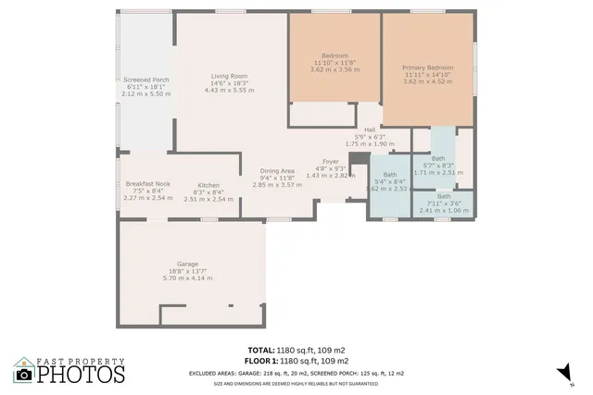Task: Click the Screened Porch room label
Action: (146, 80)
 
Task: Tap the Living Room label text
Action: (228, 76)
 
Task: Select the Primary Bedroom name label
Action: (427, 68)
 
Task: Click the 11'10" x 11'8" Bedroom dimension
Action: (334, 62)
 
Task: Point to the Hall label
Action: (370, 130)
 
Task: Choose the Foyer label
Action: (330, 161)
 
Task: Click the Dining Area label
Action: (277, 170)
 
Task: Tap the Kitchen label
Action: (208, 185)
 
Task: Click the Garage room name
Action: (188, 265)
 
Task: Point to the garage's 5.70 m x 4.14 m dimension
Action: (188, 278)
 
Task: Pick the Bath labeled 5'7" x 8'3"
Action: (438, 158)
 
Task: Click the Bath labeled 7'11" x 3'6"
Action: (445, 196)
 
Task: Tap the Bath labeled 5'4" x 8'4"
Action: (390, 175)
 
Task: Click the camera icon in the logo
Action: (23, 374)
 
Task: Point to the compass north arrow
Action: (561, 372)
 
